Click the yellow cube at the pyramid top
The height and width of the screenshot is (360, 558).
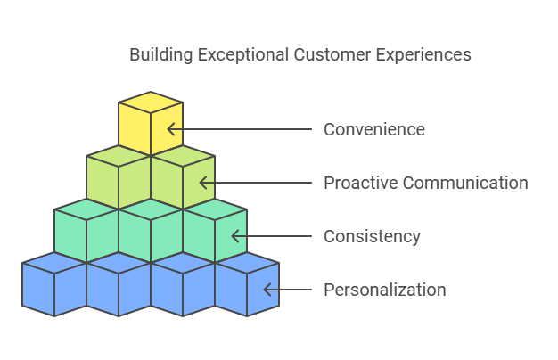(x=151, y=122)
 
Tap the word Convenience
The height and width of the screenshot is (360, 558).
(x=373, y=129)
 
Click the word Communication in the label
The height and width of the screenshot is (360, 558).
(x=464, y=183)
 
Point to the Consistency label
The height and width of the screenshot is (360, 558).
(x=372, y=236)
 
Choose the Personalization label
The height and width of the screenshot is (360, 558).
(x=384, y=290)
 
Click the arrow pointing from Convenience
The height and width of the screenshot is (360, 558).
(x=241, y=129)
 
